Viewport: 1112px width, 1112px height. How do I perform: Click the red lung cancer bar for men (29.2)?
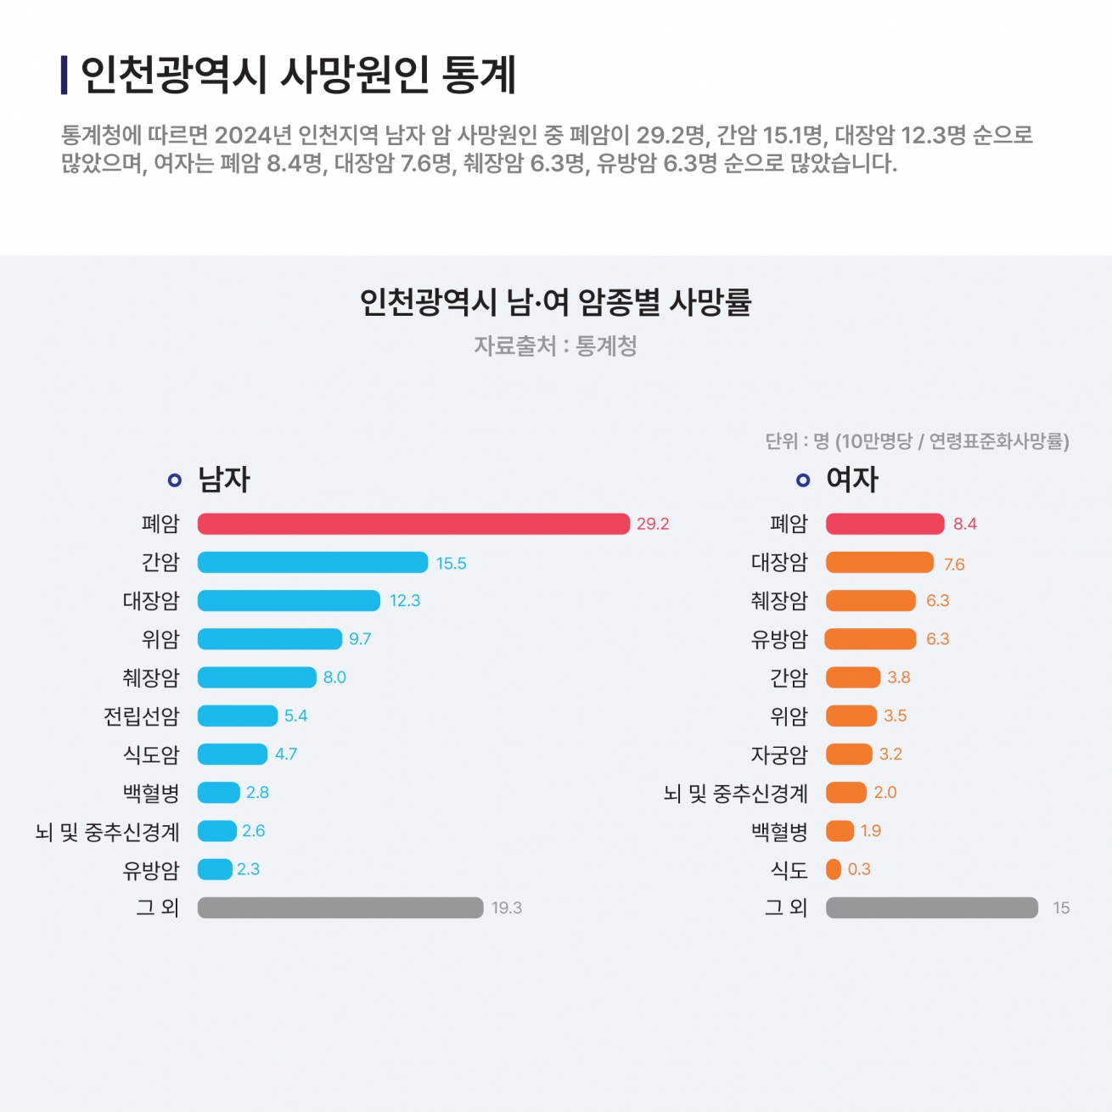tap(413, 524)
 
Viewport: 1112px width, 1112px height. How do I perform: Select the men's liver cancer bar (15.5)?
tap(312, 562)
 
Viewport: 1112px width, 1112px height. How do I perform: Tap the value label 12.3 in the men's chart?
tap(405, 601)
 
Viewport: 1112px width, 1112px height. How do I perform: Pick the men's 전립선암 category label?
tap(142, 716)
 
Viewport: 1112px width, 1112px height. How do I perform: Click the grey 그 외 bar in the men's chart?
tap(340, 907)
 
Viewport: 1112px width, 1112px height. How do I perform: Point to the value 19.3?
tap(507, 908)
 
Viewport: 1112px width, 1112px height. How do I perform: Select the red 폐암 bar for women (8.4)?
tap(885, 524)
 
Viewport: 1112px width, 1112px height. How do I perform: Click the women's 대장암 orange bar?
tap(879, 562)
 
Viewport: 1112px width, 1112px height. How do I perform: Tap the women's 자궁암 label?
tap(779, 755)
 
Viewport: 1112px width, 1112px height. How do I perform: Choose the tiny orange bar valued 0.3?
tap(834, 869)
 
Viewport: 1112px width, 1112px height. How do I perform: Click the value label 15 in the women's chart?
tap(1061, 908)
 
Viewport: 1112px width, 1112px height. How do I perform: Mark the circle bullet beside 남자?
tap(175, 480)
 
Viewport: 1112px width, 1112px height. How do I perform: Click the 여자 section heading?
tap(852, 480)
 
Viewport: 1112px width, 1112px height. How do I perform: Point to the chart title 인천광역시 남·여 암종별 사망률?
tap(556, 302)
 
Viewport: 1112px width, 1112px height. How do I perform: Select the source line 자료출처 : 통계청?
tap(556, 346)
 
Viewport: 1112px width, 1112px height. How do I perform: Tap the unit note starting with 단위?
tap(917, 441)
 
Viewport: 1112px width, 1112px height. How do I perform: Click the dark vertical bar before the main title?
tap(65, 76)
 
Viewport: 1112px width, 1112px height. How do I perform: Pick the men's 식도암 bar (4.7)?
tap(233, 754)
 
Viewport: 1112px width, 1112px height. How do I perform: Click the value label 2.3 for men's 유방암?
tap(249, 869)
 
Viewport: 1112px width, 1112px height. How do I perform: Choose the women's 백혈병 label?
tap(779, 832)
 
